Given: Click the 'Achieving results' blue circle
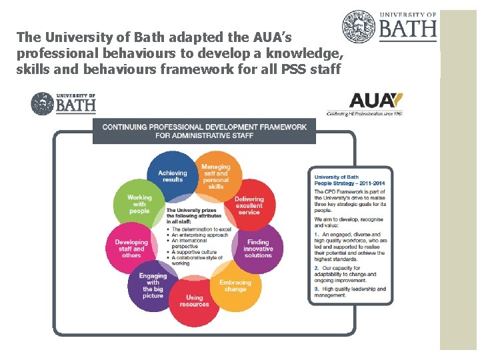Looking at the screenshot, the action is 171,176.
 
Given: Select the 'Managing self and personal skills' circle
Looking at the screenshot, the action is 215,176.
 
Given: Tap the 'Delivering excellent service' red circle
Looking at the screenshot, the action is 249,205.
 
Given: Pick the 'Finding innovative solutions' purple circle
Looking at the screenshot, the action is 258,248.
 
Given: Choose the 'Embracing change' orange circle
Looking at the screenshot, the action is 235,285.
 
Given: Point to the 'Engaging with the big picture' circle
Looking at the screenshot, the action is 153,285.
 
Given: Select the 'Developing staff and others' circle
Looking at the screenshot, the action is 131,248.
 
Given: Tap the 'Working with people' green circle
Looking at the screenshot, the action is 140,203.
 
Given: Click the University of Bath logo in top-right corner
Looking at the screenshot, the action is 390,27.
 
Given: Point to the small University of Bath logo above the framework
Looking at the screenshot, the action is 63,103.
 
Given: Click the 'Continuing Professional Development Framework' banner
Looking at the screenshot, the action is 204,131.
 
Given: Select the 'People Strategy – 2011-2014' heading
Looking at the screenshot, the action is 349,183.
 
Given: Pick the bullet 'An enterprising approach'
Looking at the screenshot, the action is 199,235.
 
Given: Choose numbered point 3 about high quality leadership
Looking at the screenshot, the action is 349,292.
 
